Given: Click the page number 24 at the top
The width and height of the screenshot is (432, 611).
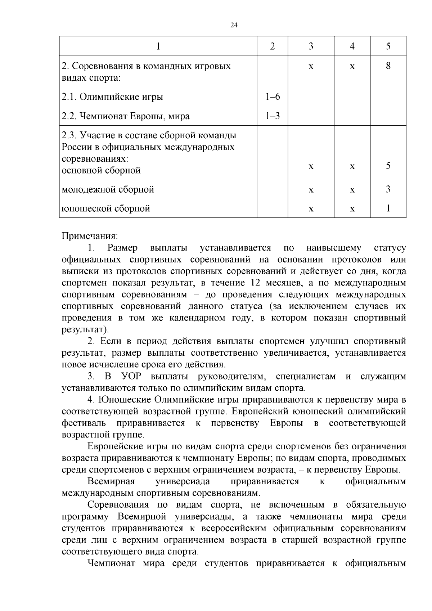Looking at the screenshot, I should (234, 25).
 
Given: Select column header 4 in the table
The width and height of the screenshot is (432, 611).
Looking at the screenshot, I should (352, 46).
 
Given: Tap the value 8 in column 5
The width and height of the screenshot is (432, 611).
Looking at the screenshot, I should (388, 66).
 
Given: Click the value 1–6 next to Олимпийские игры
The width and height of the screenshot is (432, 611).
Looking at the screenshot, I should (273, 97).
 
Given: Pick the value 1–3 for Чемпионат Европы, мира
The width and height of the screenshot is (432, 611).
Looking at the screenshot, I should (273, 116).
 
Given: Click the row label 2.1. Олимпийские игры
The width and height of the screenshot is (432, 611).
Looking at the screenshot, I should (112, 97).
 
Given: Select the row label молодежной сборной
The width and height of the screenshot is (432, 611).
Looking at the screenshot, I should (108, 189).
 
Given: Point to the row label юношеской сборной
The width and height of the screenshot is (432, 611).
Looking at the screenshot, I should (106, 208).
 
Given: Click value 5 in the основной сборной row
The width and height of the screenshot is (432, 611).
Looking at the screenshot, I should (388, 166).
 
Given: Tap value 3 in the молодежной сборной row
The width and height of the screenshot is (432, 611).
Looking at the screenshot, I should (388, 189).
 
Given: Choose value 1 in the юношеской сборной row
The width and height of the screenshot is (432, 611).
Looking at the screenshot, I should (388, 208).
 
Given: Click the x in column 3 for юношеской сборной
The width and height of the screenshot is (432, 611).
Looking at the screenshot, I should (311, 209).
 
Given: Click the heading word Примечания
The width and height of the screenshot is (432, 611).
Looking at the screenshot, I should (90, 236).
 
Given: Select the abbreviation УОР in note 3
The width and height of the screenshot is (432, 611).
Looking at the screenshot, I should (131, 377).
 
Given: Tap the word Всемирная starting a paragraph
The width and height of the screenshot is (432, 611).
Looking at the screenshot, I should (111, 482).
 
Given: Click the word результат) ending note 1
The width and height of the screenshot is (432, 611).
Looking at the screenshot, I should (85, 330).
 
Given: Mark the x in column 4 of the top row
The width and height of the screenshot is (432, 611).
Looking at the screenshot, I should (352, 67).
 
